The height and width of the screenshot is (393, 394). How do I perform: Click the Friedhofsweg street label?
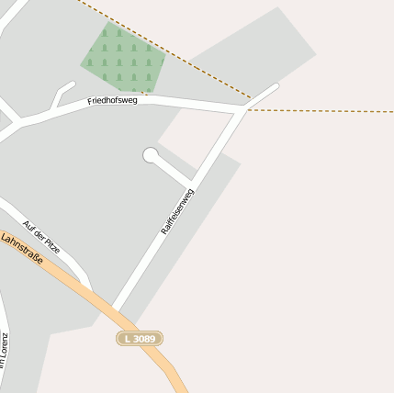[x=112, y=100]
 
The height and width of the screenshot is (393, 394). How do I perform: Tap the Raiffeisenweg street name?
[x=177, y=212]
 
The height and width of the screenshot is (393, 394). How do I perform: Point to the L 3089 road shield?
[x=140, y=339]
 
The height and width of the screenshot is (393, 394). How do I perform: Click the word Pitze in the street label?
[x=52, y=245]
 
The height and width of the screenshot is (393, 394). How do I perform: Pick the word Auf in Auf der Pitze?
[x=28, y=224]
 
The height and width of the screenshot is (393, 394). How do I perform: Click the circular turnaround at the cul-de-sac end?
[x=151, y=155]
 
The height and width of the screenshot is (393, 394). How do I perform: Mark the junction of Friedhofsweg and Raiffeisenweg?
[x=245, y=108]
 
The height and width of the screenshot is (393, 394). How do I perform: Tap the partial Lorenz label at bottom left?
[x=4, y=350]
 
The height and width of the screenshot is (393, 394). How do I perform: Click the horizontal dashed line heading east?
[x=321, y=111]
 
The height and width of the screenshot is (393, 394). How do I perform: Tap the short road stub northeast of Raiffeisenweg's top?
[x=264, y=95]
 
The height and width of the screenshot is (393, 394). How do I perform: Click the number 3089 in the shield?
[x=144, y=339]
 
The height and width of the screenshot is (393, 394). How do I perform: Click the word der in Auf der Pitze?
[x=39, y=234]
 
